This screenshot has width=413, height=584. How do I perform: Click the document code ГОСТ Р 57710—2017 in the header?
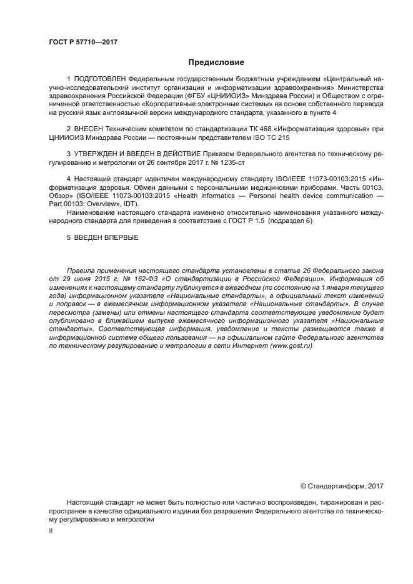point(83,42)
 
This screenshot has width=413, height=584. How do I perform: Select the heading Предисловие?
point(216,62)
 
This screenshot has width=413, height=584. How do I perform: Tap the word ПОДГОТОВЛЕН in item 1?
point(99,79)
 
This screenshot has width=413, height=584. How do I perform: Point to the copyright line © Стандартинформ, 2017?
point(342,485)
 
